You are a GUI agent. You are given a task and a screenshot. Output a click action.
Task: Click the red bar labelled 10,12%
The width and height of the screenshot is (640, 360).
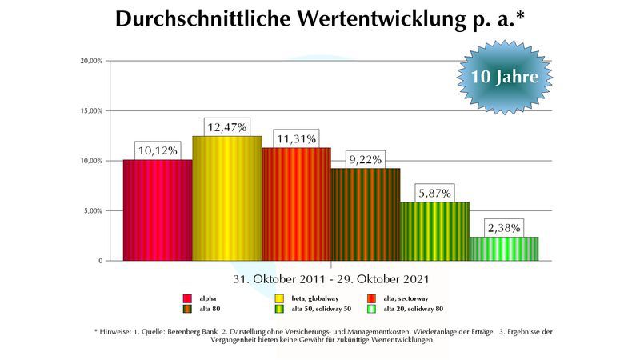click(158, 210)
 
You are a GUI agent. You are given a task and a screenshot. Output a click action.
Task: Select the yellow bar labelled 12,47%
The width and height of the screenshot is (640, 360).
click(227, 198)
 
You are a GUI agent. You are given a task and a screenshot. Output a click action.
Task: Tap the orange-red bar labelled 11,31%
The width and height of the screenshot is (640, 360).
click(296, 204)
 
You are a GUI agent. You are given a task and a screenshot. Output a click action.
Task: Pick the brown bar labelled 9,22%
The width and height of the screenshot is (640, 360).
click(366, 214)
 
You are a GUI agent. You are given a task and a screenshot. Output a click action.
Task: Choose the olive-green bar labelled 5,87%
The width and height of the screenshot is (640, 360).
click(434, 231)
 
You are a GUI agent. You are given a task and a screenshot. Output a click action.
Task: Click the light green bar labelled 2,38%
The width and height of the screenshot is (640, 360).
click(503, 249)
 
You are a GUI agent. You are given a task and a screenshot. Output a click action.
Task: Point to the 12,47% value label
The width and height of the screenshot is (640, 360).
click(227, 126)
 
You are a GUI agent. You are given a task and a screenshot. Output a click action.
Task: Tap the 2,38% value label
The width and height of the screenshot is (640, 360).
click(503, 227)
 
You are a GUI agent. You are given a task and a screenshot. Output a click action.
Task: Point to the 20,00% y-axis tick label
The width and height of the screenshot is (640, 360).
click(90, 61)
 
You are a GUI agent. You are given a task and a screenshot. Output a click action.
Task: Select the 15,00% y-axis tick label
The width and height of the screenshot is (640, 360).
click(90, 111)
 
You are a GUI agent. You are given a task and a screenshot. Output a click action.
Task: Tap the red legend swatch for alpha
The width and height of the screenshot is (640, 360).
click(188, 297)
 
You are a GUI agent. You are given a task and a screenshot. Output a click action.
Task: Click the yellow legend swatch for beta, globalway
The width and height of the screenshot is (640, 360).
click(278, 297)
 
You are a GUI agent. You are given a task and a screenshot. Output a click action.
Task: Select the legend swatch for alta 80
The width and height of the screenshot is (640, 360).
click(188, 308)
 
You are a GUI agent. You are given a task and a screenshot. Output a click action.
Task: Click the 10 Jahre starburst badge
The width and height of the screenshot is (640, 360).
click(504, 78)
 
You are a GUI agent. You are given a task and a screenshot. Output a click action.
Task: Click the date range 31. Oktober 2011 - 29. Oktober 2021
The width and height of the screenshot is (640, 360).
click(332, 279)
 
